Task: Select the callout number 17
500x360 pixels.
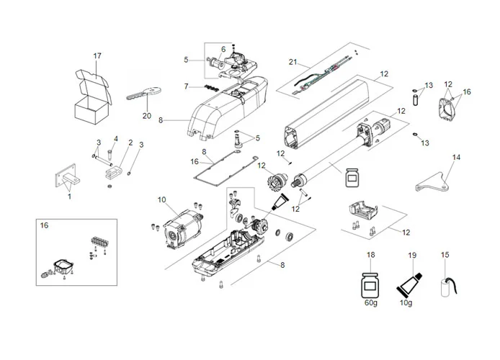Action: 97,56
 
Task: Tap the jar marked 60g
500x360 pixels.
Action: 371,284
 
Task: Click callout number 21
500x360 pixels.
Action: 293,61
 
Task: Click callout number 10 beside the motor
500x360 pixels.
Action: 161,199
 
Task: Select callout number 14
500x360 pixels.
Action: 455,156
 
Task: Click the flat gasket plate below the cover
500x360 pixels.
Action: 225,166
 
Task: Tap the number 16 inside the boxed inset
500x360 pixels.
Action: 44,225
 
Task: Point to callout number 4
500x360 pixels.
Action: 115,138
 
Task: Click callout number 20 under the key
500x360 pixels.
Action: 147,116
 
